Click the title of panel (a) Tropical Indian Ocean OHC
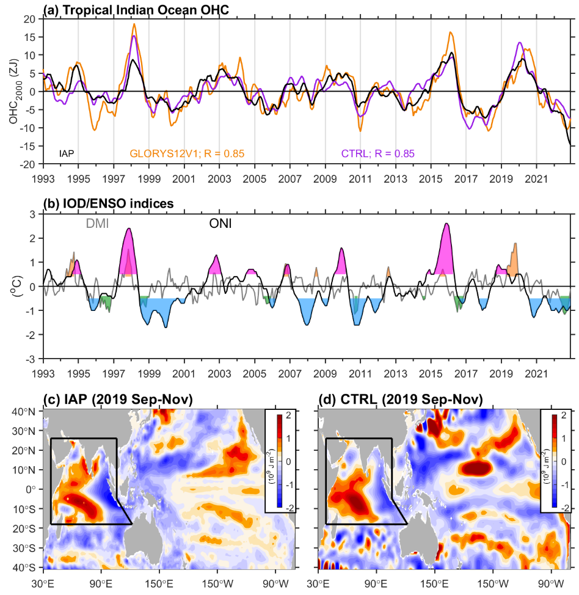click(x=136, y=10)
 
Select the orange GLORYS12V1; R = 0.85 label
click(x=187, y=154)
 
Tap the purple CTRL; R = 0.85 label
click(x=377, y=154)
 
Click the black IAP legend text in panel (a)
click(x=67, y=154)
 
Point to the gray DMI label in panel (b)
click(x=98, y=224)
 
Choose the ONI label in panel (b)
click(x=220, y=224)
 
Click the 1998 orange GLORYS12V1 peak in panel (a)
click(x=134, y=24)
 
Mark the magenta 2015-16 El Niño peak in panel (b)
click(x=446, y=224)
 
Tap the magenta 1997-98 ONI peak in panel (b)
click(x=129, y=228)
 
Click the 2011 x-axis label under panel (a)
click(x=360, y=179)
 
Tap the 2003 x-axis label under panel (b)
click(x=219, y=374)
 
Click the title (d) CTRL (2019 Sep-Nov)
click(x=401, y=399)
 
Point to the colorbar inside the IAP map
click(x=280, y=461)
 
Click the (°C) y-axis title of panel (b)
click(x=18, y=287)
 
